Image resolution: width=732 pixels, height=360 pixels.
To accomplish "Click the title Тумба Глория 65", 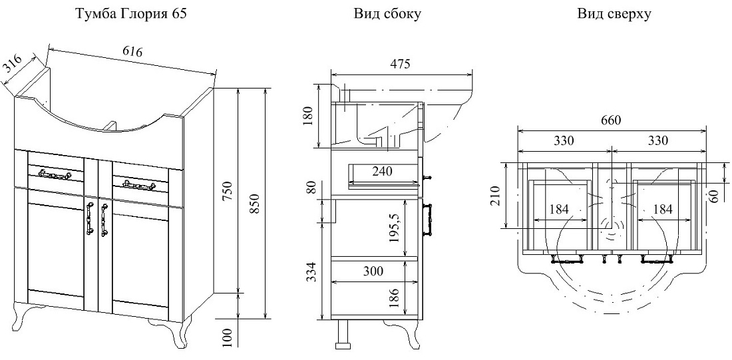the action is [x=131, y=14].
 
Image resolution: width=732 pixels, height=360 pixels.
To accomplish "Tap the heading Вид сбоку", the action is [x=387, y=14].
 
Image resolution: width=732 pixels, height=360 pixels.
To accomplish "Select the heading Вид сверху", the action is [x=614, y=14].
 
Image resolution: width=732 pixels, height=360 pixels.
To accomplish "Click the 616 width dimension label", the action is [x=132, y=51].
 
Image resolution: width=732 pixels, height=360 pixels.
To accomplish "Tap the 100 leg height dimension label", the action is [x=228, y=338].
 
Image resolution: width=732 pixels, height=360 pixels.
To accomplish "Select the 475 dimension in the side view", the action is [x=401, y=64].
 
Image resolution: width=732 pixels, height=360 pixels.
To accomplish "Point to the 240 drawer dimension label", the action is [x=383, y=172].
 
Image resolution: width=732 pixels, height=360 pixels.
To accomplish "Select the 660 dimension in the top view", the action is [x=611, y=121].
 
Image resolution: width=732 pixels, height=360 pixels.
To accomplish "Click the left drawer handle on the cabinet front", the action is [x=55, y=174].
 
